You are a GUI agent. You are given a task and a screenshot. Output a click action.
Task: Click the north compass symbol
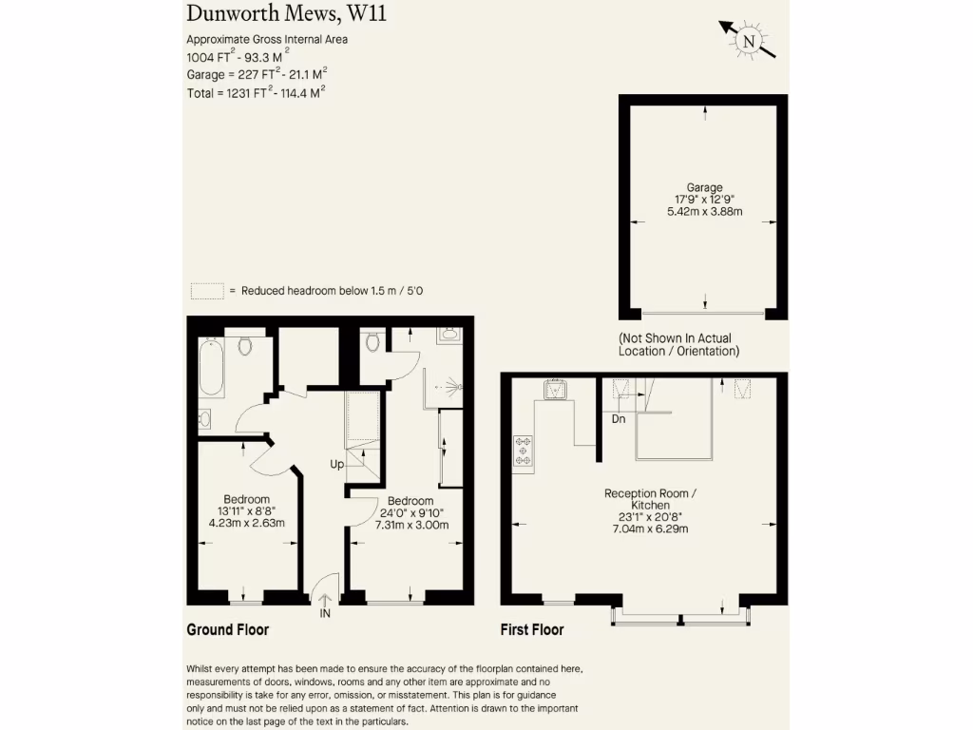coord(749,40)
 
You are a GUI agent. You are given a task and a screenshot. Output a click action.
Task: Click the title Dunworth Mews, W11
coord(274,13)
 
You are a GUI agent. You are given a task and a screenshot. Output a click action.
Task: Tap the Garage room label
coord(705,187)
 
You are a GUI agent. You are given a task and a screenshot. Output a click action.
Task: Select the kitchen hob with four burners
coord(524,450)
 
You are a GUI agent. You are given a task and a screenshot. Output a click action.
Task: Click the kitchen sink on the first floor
coord(555,389)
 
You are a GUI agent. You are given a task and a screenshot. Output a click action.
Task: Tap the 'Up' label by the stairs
coord(336,465)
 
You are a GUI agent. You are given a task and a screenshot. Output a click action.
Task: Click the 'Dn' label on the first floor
coord(619,418)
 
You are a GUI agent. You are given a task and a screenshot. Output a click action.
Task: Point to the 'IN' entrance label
coord(325,615)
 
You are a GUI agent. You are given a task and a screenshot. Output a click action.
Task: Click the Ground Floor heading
coord(227,629)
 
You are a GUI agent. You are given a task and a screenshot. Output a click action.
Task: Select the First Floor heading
coord(532,629)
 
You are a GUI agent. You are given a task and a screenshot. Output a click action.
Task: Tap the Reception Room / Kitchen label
coord(651,499)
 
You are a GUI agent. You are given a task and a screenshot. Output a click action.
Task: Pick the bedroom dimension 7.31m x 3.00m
coord(412,524)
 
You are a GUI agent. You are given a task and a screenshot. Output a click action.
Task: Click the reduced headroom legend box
coord(206,291)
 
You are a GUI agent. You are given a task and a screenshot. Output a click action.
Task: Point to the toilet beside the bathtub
coord(245,346)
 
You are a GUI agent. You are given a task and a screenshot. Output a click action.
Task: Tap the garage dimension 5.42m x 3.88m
coord(705,211)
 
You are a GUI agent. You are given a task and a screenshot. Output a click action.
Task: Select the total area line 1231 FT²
coord(257,93)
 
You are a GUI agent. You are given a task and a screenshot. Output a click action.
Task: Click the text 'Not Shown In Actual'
coord(675,338)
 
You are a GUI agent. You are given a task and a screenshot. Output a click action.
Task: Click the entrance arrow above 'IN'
coord(325,598)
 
